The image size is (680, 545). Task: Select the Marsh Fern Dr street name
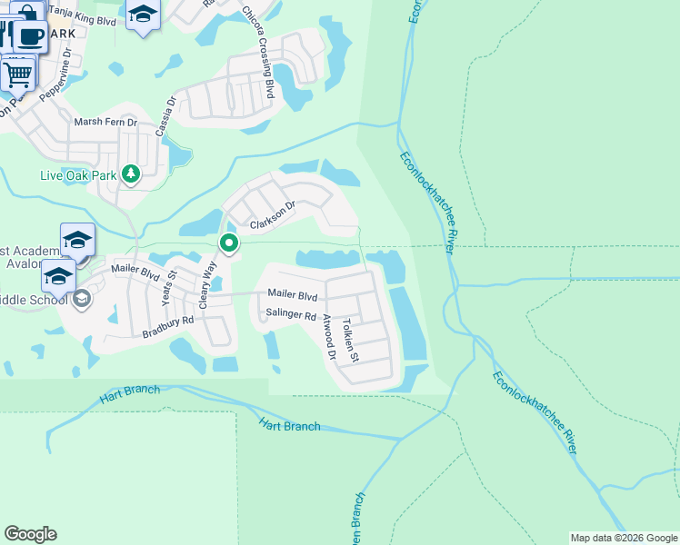coord(105,122)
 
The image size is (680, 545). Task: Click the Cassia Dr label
coord(165,117)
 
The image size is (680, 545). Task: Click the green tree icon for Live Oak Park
coord(131,173)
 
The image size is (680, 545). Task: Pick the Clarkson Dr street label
coord(273,214)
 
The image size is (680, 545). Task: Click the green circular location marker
coord(229,243)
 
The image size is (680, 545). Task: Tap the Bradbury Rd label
coord(168,327)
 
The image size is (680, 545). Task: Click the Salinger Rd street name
coord(290,316)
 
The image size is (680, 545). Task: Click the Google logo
coord(30,534)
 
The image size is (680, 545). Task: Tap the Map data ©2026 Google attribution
coord(624,538)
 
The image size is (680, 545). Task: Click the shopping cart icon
coord(17,74)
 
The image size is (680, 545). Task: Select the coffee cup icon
coord(30,37)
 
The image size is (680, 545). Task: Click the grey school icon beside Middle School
coord(82,299)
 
